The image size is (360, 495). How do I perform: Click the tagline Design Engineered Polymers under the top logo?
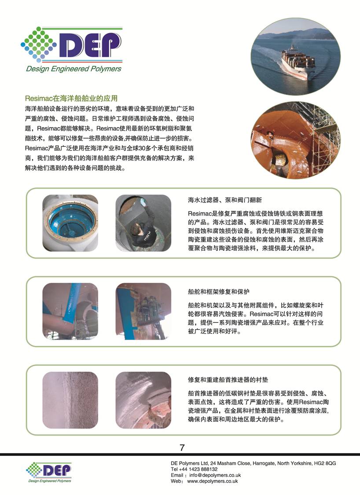73,69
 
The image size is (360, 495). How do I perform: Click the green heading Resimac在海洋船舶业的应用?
71,98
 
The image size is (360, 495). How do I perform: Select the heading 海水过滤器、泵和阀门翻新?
225,200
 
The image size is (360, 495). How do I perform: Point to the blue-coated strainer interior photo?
70,223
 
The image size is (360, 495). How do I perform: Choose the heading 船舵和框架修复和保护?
219,291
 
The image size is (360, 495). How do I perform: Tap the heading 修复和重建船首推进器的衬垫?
228,379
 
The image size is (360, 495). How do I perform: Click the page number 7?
182,447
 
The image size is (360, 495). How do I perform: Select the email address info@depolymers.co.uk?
215,475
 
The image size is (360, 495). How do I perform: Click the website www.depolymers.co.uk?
213,481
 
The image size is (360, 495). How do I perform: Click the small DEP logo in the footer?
49,472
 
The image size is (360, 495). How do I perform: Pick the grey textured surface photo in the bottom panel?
70,400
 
